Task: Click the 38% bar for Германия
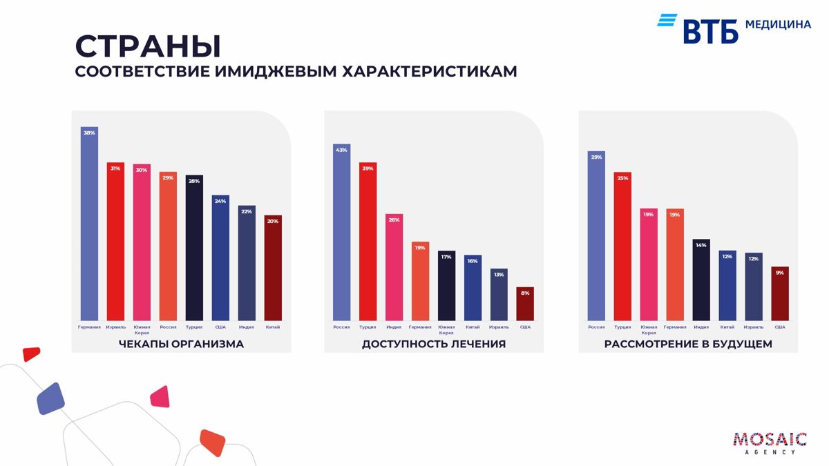(89, 224)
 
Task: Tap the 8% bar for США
(525, 304)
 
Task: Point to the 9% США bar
(780, 294)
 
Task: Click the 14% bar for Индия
(701, 280)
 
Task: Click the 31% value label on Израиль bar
(115, 168)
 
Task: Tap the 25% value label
(622, 178)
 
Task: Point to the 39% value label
(368, 168)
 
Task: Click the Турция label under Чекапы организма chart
(194, 327)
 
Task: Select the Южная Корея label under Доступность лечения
(446, 329)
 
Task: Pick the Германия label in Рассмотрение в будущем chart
(675, 327)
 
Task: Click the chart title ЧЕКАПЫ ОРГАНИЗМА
(181, 344)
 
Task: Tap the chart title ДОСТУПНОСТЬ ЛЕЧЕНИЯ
(434, 344)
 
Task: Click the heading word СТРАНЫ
(148, 46)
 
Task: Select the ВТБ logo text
(711, 31)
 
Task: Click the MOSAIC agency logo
(770, 443)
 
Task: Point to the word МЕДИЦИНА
(778, 24)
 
